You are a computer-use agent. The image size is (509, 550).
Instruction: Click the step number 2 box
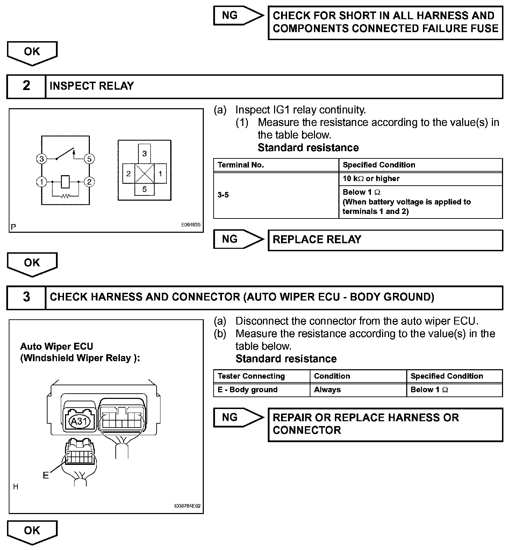(x=26, y=86)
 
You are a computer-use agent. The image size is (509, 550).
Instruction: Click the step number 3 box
(x=26, y=297)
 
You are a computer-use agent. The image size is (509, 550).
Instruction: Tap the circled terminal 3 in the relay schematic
(x=42, y=159)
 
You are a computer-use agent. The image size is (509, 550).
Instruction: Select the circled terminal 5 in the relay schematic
(x=89, y=159)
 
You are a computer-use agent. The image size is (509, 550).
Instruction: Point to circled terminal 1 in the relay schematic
(x=42, y=182)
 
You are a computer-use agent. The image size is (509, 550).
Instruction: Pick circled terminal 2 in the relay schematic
(x=89, y=182)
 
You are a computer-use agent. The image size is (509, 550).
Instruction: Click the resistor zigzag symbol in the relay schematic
(x=65, y=196)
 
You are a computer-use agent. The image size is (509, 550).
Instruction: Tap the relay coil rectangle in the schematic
(x=65, y=181)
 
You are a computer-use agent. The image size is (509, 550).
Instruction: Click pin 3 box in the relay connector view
(x=144, y=153)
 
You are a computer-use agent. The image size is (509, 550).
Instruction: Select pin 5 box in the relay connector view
(x=144, y=189)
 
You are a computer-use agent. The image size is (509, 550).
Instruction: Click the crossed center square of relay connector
(x=144, y=173)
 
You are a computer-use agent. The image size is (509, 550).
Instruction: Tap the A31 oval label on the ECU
(x=79, y=421)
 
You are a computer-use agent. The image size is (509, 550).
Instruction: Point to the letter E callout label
(x=46, y=475)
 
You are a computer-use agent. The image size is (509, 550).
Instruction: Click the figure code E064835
(x=191, y=225)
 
